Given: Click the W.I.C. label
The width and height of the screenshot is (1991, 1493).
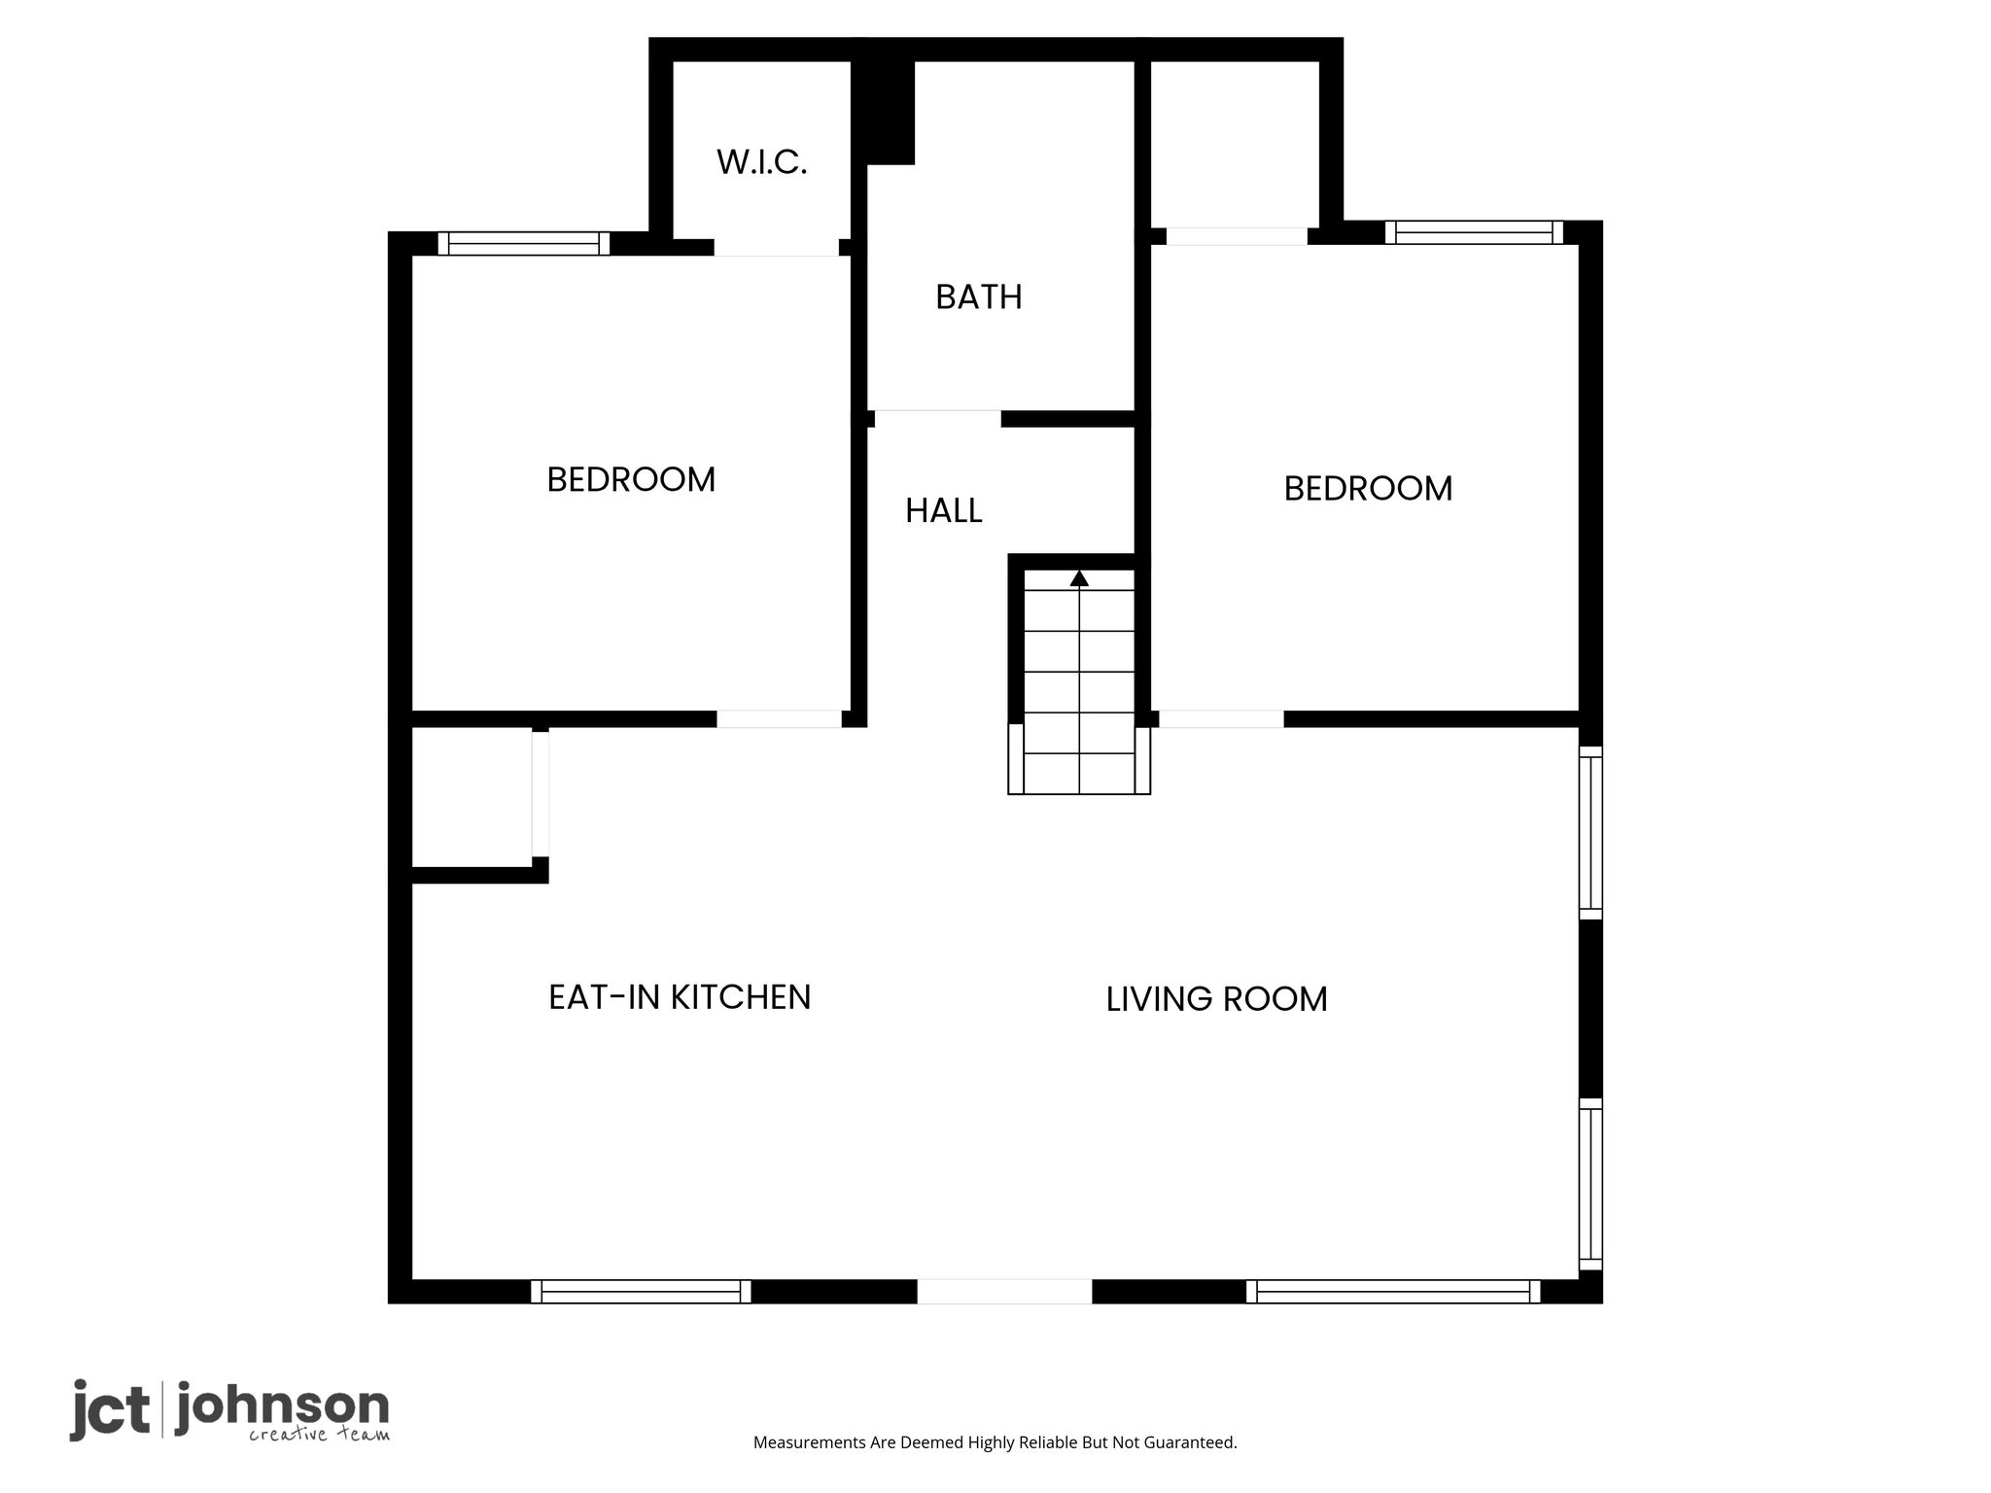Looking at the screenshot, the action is point(762,162).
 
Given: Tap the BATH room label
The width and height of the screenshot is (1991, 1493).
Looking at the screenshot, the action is point(979,297).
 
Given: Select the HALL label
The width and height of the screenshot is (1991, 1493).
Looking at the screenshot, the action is point(944,511).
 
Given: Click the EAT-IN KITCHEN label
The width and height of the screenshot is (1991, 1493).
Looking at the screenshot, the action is point(680,997).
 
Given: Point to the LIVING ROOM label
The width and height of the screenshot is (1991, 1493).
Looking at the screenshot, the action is point(1217,999).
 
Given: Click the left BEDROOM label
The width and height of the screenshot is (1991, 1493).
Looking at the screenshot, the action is point(631,480).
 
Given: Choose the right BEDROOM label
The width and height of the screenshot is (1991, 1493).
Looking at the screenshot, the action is point(1369,489).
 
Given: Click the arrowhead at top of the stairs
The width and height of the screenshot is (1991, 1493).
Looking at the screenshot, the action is point(1079,578).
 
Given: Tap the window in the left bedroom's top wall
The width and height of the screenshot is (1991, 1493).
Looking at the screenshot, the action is point(524,243).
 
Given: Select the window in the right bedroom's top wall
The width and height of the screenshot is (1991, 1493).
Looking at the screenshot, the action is point(1475,232).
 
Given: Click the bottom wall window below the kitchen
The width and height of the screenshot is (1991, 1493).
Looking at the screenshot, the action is point(642,1292).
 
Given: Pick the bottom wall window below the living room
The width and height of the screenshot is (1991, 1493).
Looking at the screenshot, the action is point(1393,1292).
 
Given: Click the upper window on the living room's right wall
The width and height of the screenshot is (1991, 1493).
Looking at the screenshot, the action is point(1590,832).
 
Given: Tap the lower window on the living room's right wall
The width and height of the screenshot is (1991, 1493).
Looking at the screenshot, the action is point(1590,1184).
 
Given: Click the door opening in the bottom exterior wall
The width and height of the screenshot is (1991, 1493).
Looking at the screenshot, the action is point(1004,1292).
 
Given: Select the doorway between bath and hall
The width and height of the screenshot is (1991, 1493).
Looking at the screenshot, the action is point(938,419).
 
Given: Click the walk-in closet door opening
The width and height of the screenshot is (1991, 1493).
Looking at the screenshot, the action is point(777,248).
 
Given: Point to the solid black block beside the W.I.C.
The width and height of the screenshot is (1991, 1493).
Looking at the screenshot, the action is point(884,112).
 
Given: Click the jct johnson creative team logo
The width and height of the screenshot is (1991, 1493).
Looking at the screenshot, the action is point(229,1410).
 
